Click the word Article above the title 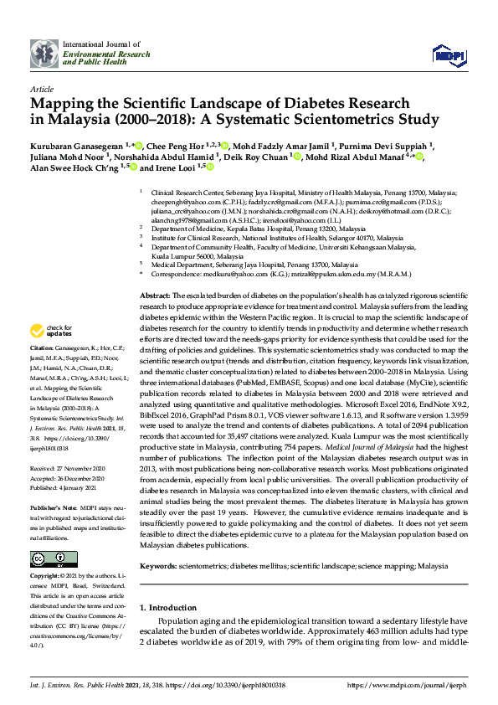[41, 89]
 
